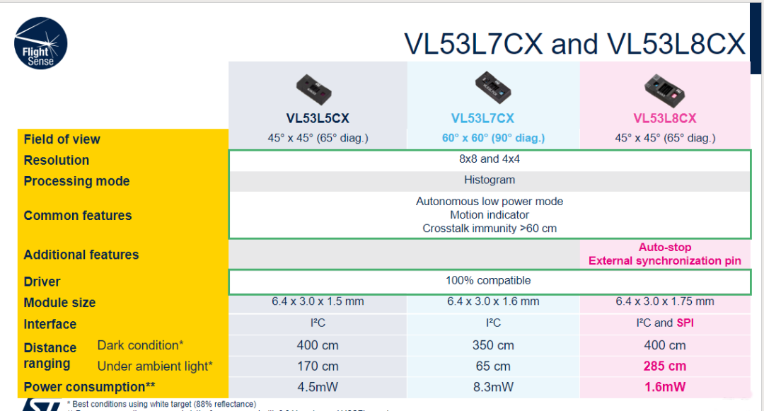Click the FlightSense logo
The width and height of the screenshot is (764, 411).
coord(40,44)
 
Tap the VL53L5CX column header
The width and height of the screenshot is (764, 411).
coord(318,118)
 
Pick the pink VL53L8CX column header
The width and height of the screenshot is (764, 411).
coord(664,118)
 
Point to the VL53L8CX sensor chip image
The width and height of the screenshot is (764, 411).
coord(664,88)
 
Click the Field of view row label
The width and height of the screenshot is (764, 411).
coord(62,139)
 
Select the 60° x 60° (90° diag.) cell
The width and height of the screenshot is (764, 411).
coord(493,138)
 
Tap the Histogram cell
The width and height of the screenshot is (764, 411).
coord(489,180)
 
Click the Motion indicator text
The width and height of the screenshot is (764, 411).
coord(489,215)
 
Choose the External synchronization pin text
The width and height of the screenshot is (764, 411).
coord(664,260)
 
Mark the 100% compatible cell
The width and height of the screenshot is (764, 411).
coord(488,281)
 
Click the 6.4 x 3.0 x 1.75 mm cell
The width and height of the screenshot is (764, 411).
coord(664,301)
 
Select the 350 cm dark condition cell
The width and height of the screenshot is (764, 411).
coord(493,345)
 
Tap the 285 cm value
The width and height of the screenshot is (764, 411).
coord(664,366)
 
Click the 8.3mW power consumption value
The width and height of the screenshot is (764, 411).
coord(493,387)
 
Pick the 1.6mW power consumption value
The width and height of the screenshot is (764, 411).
coord(664,387)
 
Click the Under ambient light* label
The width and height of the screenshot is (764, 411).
coord(154,366)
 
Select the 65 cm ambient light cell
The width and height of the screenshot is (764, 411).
coord(493,366)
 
